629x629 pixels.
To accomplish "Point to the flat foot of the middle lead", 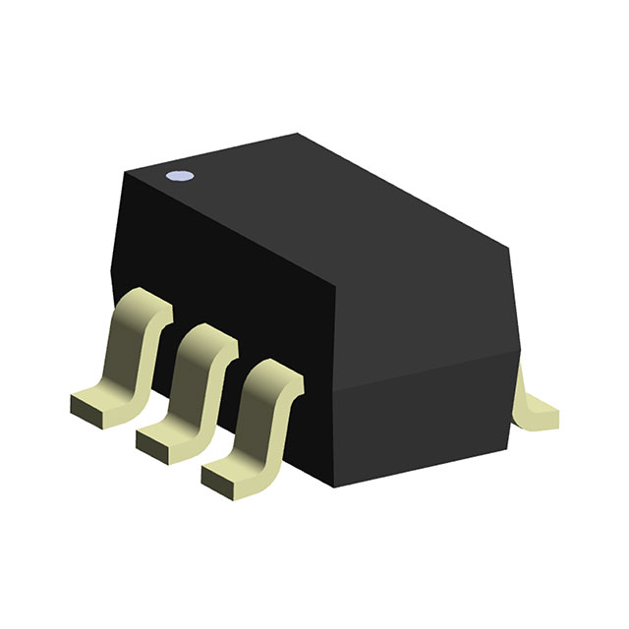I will [x=163, y=438].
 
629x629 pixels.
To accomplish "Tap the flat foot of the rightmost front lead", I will [x=228, y=476].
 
